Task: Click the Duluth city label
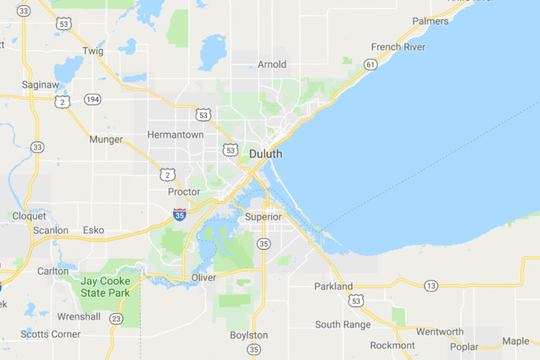[x=266, y=154]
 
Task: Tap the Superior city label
[x=264, y=217]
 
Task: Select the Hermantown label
[x=175, y=134]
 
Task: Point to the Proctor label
[x=184, y=192]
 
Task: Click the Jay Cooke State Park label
[x=105, y=287]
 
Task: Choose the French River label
[x=398, y=47]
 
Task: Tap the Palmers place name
[x=430, y=21]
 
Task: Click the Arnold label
[x=272, y=65]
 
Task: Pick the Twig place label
[x=93, y=51]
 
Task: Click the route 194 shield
[x=92, y=99]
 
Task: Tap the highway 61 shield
[x=370, y=65]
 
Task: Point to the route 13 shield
[x=430, y=285]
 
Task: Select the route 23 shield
[x=116, y=319]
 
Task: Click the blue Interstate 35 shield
[x=180, y=215]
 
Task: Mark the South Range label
[x=342, y=325]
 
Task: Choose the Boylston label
[x=249, y=335]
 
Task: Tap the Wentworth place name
[x=439, y=332]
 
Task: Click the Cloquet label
[x=29, y=216]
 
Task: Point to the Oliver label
[x=204, y=278]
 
